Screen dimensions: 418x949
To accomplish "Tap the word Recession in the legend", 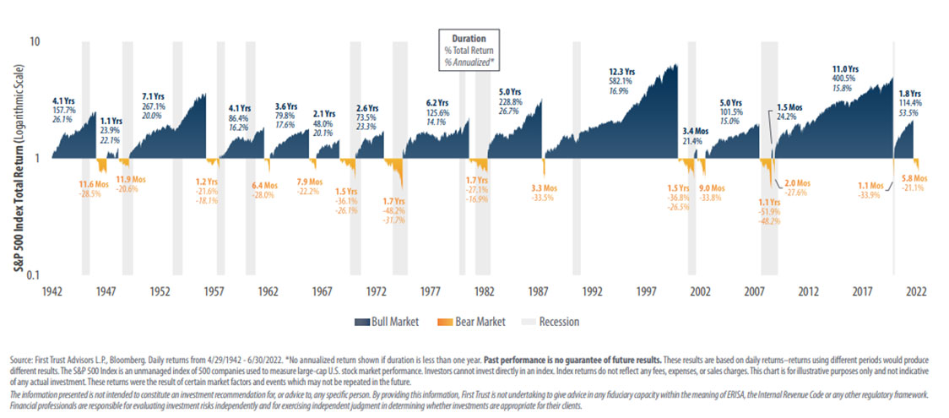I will click(557, 321).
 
